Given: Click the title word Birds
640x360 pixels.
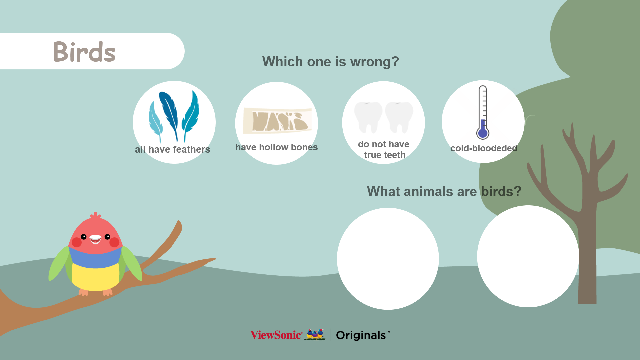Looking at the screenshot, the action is pyautogui.click(x=84, y=52).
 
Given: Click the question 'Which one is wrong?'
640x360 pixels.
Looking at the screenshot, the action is pyautogui.click(x=331, y=62).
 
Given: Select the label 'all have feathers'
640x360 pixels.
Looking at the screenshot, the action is pyautogui.click(x=172, y=149).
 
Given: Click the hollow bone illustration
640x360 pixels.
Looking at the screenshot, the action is pyautogui.click(x=277, y=120).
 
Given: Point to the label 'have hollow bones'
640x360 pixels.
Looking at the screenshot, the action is pyautogui.click(x=277, y=147).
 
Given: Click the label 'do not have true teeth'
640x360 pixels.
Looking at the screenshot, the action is pyautogui.click(x=384, y=150).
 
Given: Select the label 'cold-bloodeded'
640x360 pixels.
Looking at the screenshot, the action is pyautogui.click(x=484, y=148).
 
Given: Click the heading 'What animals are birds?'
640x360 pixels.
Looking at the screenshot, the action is pyautogui.click(x=444, y=191).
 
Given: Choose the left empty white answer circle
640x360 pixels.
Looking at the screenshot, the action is pyautogui.click(x=388, y=259).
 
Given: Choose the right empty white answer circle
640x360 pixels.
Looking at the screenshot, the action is pyautogui.click(x=528, y=256).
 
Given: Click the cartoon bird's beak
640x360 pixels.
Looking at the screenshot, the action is pyautogui.click(x=95, y=239).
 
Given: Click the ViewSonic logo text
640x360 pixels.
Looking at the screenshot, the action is pyautogui.click(x=276, y=335).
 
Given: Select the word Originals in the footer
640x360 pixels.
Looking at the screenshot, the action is pyautogui.click(x=361, y=335).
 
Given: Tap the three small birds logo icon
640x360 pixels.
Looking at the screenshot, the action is pyautogui.click(x=315, y=334).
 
